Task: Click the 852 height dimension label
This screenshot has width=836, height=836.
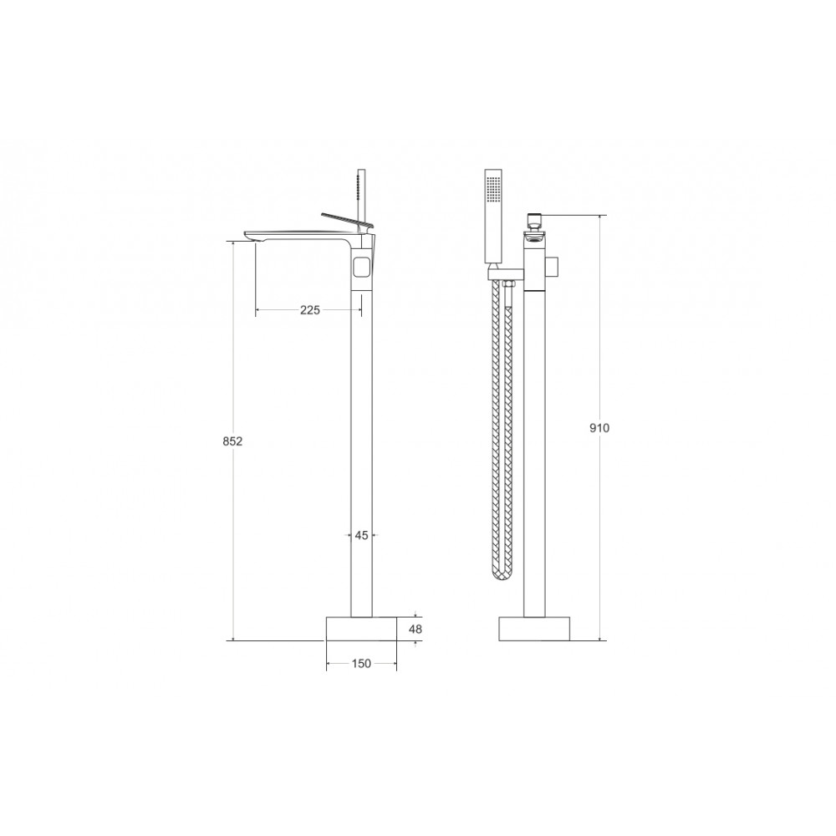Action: (232, 441)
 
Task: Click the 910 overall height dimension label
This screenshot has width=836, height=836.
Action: (599, 427)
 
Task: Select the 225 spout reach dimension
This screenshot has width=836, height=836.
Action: (310, 310)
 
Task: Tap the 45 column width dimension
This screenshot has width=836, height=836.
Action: (361, 535)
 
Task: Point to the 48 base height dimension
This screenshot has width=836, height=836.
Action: (415, 630)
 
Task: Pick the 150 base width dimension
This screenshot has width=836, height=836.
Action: (361, 664)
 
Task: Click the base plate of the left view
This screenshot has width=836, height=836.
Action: (361, 629)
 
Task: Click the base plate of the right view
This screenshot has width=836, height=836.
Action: (534, 629)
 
